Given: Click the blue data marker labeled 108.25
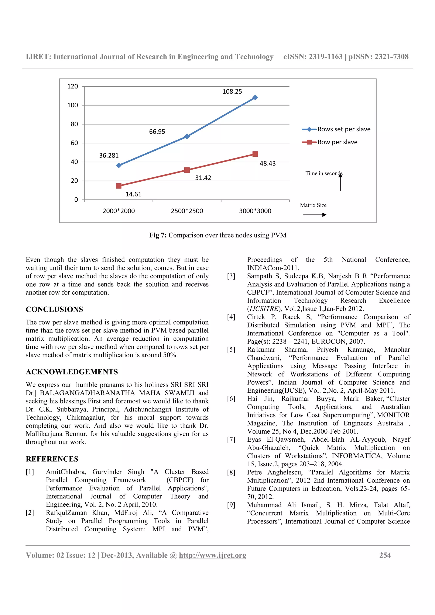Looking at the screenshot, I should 255,97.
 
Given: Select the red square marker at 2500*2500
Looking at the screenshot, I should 187,170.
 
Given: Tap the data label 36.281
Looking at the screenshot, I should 109,155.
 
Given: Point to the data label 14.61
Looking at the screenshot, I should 133,194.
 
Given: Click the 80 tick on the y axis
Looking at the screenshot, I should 74,124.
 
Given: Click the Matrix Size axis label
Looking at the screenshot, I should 313,205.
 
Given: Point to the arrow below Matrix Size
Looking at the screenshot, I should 315,215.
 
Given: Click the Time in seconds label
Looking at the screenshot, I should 323,173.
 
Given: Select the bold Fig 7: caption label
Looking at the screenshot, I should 158,235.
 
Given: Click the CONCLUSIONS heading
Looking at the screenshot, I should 54,309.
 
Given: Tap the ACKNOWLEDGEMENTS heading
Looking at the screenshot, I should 72,372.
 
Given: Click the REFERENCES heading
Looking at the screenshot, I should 52,459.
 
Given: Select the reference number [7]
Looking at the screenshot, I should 231,439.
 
